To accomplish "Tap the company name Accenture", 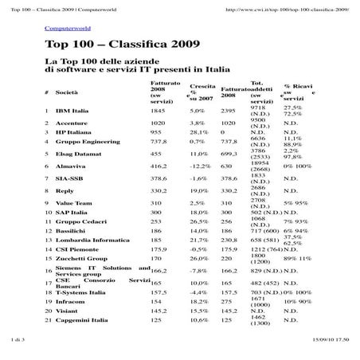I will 71,123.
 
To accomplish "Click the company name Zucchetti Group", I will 80,258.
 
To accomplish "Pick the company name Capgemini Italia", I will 82,319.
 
